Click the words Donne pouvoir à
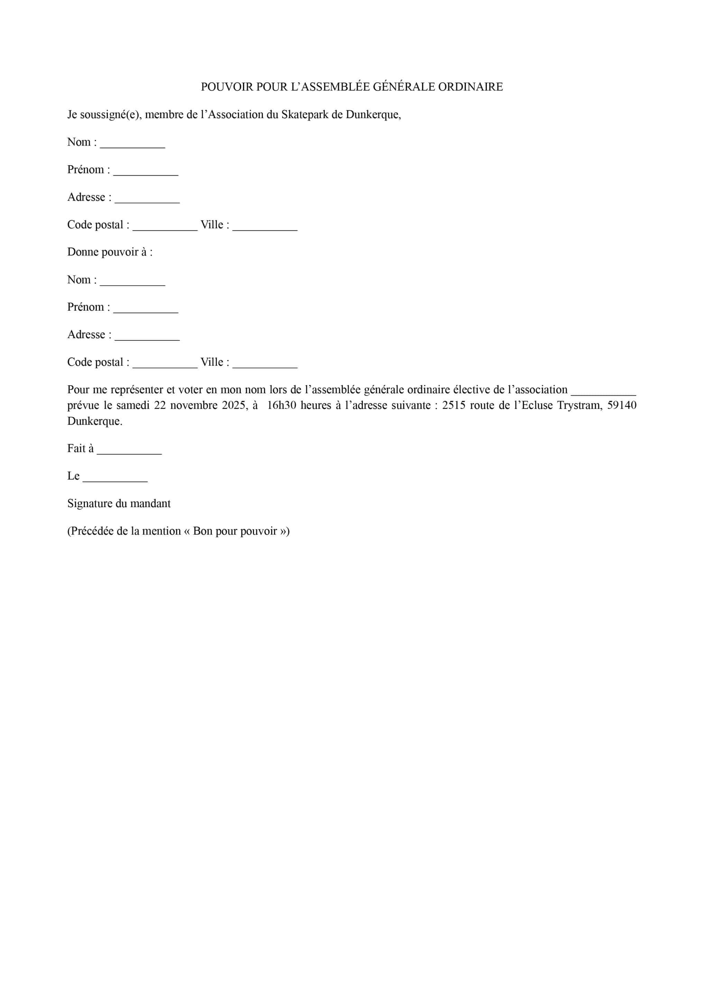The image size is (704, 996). pos(110,252)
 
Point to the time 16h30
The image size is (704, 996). pos(281,405)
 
